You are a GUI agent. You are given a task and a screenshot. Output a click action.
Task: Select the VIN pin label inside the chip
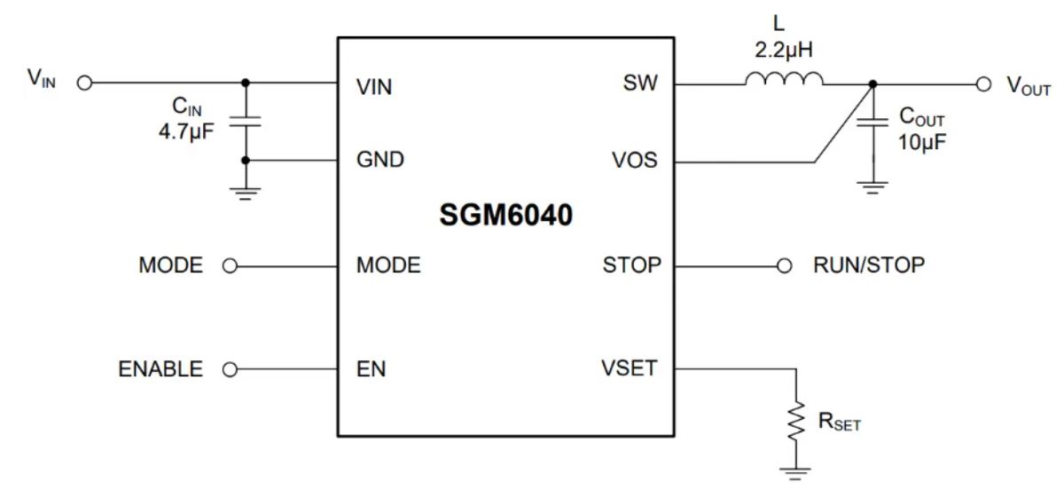click(x=374, y=88)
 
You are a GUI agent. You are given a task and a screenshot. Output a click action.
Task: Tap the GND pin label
click(x=379, y=160)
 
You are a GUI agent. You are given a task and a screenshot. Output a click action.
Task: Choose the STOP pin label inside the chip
click(x=631, y=265)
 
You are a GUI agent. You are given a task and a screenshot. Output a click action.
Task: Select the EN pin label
click(x=371, y=369)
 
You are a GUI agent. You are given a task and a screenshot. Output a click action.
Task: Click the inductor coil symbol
click(x=784, y=81)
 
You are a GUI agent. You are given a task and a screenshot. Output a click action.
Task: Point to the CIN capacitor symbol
click(x=245, y=122)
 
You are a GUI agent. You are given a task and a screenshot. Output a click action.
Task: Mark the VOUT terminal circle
click(x=982, y=84)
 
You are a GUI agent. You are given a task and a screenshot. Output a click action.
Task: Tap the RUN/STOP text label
click(x=869, y=265)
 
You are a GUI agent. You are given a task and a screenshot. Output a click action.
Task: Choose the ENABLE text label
click(x=160, y=369)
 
